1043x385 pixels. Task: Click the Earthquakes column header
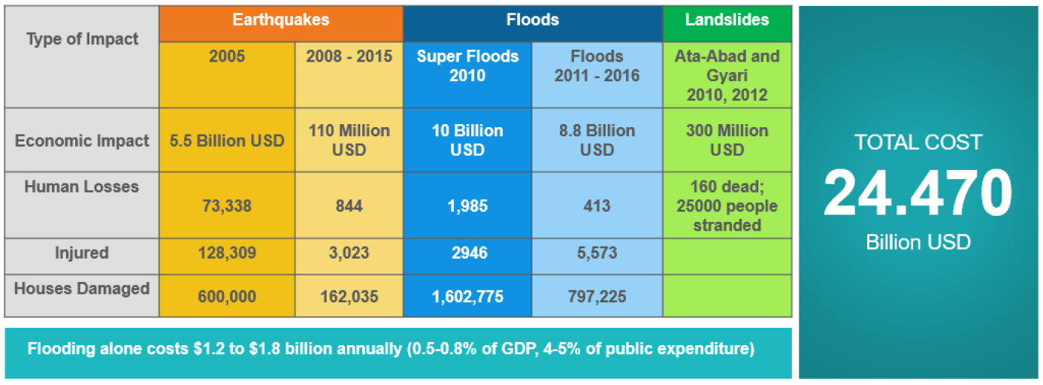click(280, 20)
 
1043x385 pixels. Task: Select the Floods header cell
click(532, 20)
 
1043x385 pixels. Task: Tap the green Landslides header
click(727, 20)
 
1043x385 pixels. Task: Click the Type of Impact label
click(82, 40)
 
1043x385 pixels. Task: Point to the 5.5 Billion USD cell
click(226, 141)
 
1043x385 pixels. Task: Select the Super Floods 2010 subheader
click(467, 66)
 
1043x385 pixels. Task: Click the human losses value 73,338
click(226, 206)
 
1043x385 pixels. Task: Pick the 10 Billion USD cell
click(467, 141)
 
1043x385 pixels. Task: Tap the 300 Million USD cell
click(727, 141)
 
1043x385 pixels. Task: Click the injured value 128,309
click(226, 253)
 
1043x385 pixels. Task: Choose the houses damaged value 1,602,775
click(467, 297)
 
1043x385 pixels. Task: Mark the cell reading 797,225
click(597, 297)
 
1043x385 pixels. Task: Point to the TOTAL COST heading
click(918, 142)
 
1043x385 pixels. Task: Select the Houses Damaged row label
click(82, 289)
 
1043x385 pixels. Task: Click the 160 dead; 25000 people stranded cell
click(727, 206)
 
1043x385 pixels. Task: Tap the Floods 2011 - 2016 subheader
click(597, 66)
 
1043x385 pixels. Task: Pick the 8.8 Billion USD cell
click(597, 141)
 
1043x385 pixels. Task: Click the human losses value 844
click(349, 206)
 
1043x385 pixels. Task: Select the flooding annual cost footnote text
click(391, 350)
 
